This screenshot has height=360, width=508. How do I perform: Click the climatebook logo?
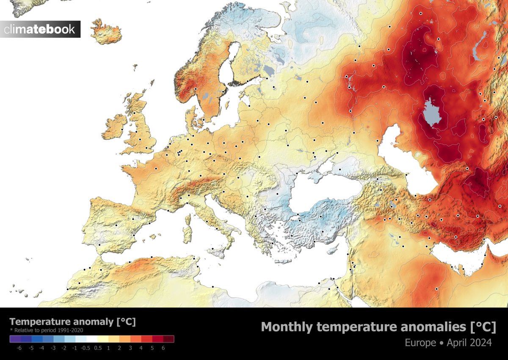[40, 29]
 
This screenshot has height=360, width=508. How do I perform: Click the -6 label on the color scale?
[19, 348]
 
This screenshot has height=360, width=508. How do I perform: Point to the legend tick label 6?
[163, 348]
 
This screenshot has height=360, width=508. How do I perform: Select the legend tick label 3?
[130, 348]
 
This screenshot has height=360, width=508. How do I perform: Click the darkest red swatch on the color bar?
[169, 339]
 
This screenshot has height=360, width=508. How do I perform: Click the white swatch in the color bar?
[92, 339]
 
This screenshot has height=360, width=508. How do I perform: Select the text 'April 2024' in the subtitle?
[469, 342]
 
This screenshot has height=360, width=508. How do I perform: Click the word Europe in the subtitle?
[423, 342]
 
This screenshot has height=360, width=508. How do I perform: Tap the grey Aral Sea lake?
[432, 113]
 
